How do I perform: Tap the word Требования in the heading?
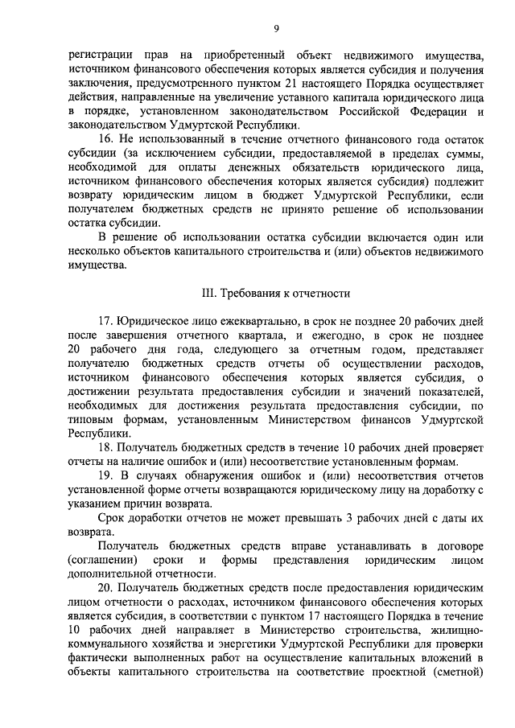coord(250,292)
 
